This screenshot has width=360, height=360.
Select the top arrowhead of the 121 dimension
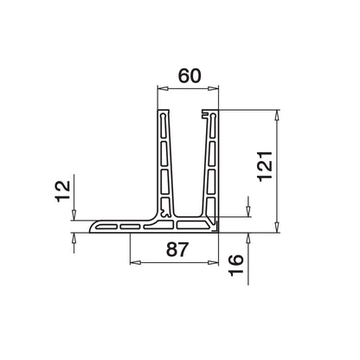coord(278,114)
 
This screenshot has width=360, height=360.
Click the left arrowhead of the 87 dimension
coord(133,263)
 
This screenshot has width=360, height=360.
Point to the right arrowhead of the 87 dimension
coord(216,263)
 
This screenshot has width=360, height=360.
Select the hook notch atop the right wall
coord(206,113)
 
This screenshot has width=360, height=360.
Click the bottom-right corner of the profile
coord(220,232)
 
